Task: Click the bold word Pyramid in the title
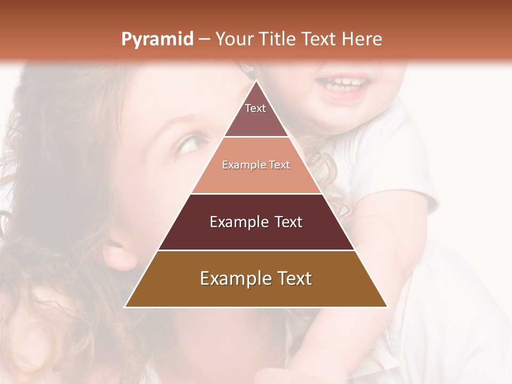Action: click(157, 39)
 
